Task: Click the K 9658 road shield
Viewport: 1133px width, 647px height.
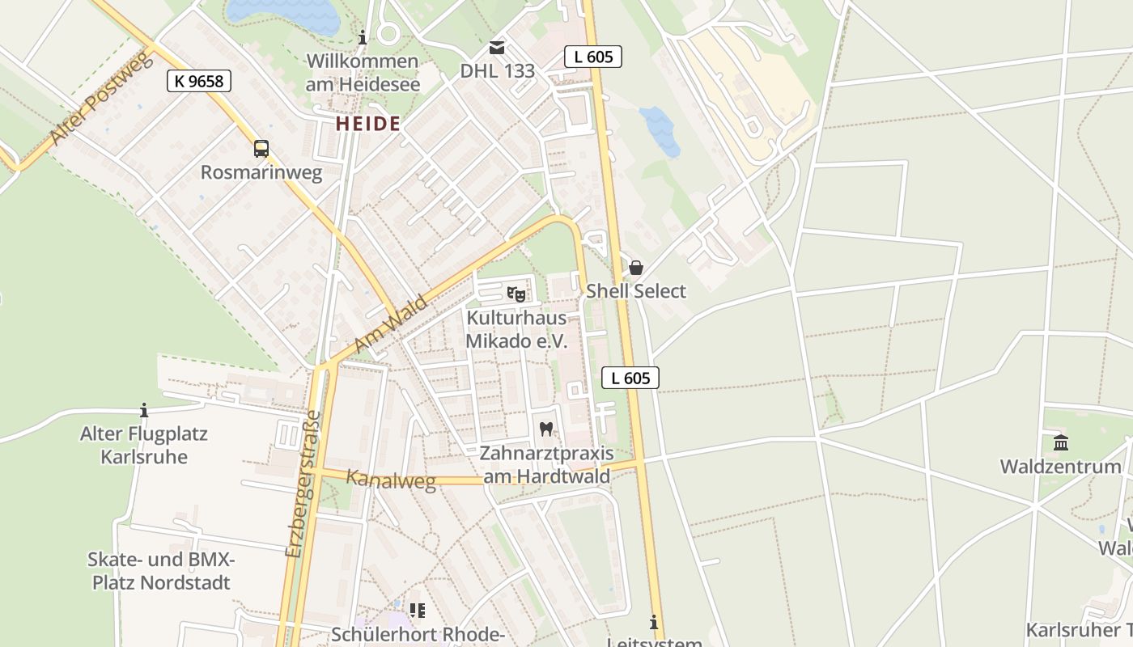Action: pos(199,80)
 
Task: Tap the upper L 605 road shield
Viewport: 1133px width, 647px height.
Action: pos(593,56)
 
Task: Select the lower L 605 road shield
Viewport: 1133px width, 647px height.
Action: pos(630,378)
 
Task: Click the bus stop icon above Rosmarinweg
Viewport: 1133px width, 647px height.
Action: pos(261,149)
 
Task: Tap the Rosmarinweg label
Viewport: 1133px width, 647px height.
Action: pos(261,172)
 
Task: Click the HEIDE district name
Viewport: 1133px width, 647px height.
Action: pos(368,124)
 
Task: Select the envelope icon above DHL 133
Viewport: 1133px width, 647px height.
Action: pos(496,48)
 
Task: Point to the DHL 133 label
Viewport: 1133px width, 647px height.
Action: pos(498,71)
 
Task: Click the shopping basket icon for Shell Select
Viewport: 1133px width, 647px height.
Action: pos(636,268)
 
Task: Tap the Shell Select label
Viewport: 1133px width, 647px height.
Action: pos(636,291)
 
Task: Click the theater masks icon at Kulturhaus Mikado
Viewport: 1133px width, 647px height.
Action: pos(516,294)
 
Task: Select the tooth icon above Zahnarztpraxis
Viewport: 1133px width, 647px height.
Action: pos(546,429)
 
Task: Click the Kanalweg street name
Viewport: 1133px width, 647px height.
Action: pos(391,479)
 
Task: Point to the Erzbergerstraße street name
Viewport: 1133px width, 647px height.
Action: pos(303,484)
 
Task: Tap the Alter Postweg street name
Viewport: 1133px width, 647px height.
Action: pos(101,99)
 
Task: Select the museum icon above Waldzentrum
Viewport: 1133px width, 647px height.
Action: pos(1061,442)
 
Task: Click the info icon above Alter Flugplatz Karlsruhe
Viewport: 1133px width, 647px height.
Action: pos(144,410)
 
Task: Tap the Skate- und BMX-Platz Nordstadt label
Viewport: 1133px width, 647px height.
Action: pos(161,571)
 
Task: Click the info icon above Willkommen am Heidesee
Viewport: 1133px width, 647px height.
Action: pos(363,37)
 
